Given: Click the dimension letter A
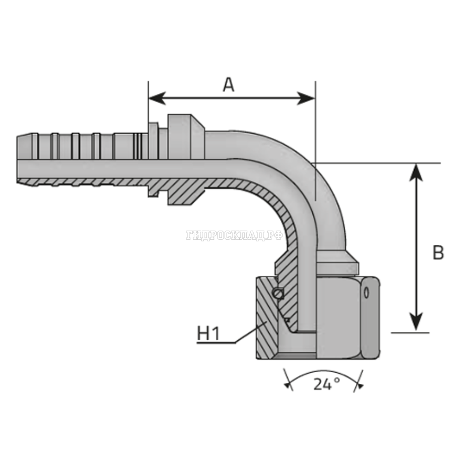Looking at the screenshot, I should [x=229, y=85].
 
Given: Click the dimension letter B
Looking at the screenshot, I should [x=438, y=253].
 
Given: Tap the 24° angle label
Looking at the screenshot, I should [x=326, y=385].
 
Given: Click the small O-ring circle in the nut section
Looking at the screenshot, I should [x=279, y=293].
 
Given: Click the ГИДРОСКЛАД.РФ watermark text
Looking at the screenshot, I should [x=234, y=235].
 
